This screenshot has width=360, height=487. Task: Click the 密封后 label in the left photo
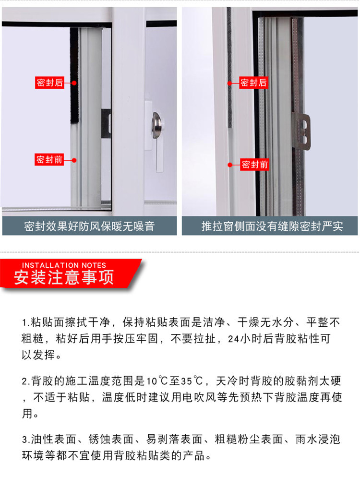(x=50, y=83)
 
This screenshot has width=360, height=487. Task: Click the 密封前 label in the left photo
(x=50, y=160)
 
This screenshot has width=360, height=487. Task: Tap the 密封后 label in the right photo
(x=254, y=83)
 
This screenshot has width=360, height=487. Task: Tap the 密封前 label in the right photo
(x=255, y=165)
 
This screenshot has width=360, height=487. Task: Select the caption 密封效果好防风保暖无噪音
(x=90, y=226)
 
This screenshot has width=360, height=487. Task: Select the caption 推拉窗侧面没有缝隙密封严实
(x=272, y=226)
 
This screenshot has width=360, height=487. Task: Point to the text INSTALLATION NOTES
(x=64, y=265)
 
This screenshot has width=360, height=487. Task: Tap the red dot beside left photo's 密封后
(x=74, y=83)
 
